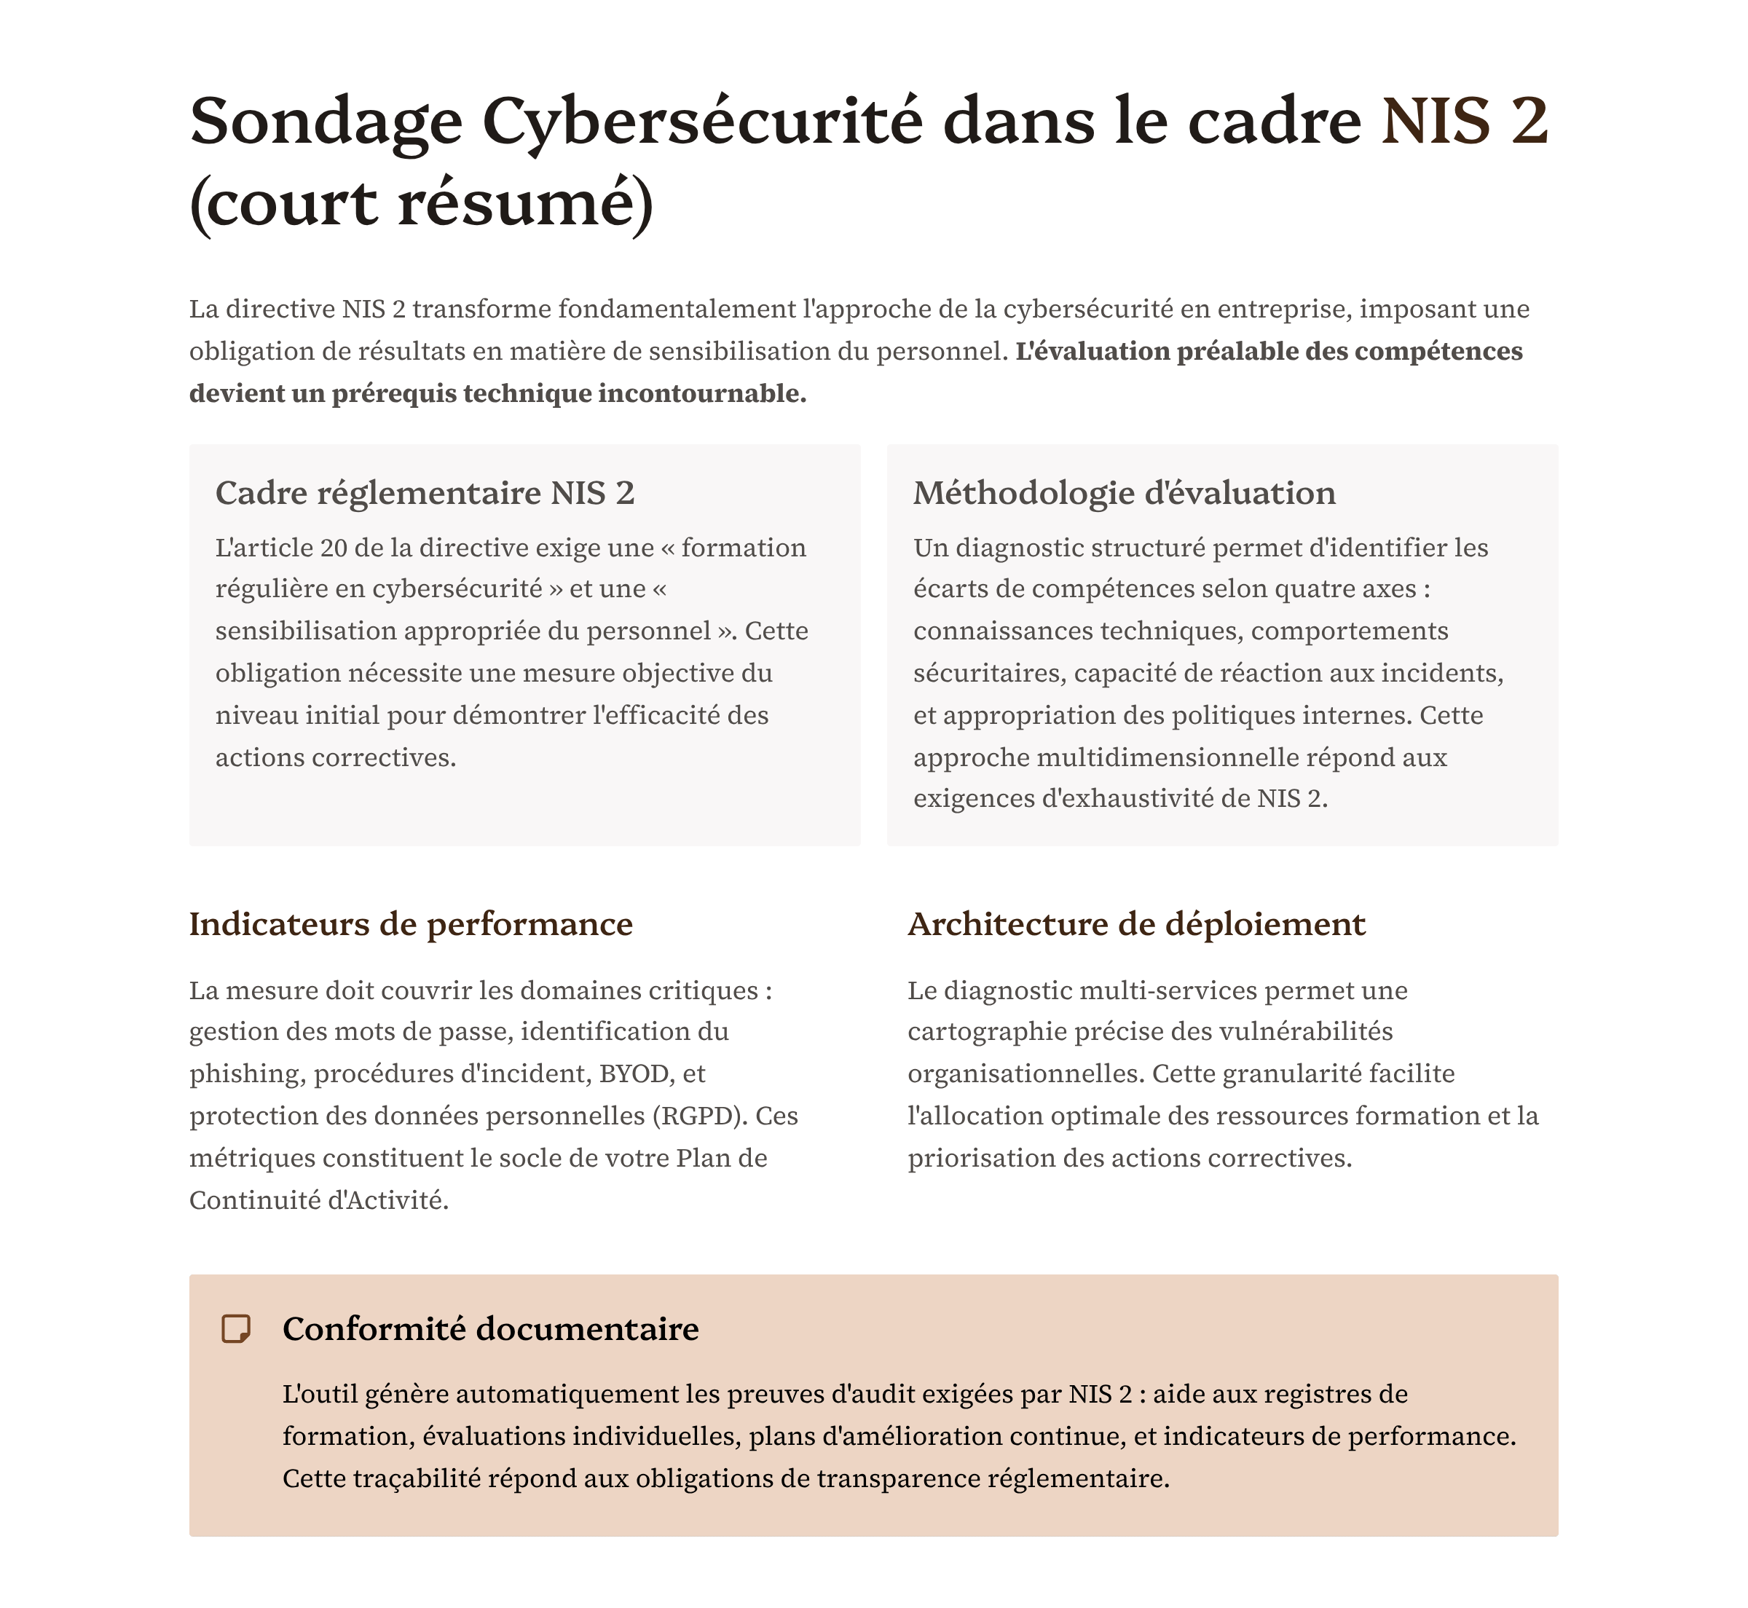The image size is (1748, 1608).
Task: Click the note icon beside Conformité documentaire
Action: [236, 1328]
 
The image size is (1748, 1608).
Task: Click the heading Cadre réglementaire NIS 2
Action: [425, 492]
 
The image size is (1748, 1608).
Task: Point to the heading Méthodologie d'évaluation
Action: [1123, 492]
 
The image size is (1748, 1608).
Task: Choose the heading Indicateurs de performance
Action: [411, 923]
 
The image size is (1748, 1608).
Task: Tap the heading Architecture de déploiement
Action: [1135, 923]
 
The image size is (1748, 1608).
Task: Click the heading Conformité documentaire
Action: [491, 1328]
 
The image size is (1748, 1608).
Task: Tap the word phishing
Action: [243, 1073]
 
